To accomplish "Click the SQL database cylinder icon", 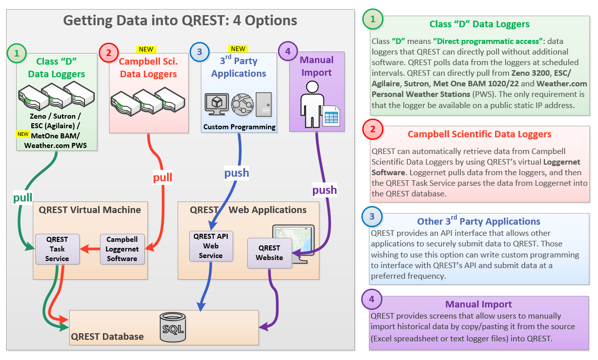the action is (x=173, y=327).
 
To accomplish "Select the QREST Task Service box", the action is (x=57, y=249).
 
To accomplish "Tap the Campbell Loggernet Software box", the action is (x=122, y=249).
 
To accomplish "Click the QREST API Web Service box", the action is (x=211, y=246).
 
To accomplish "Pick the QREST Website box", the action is (x=269, y=253).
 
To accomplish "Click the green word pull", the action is (x=23, y=197).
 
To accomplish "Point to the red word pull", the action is (x=162, y=178).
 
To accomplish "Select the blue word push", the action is (x=237, y=173).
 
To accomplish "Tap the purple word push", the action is (x=324, y=190).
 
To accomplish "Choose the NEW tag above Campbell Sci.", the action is (x=146, y=49).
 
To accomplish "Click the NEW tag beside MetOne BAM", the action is (x=23, y=134).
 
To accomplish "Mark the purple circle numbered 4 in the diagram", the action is (x=288, y=51).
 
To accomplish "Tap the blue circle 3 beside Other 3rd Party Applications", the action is (x=372, y=217).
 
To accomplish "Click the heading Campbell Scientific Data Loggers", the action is (x=479, y=134).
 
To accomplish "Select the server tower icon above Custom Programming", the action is (x=264, y=104).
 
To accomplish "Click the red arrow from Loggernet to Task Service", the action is (x=90, y=249).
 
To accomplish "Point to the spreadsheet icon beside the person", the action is (x=331, y=116).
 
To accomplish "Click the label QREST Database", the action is (x=107, y=336).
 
